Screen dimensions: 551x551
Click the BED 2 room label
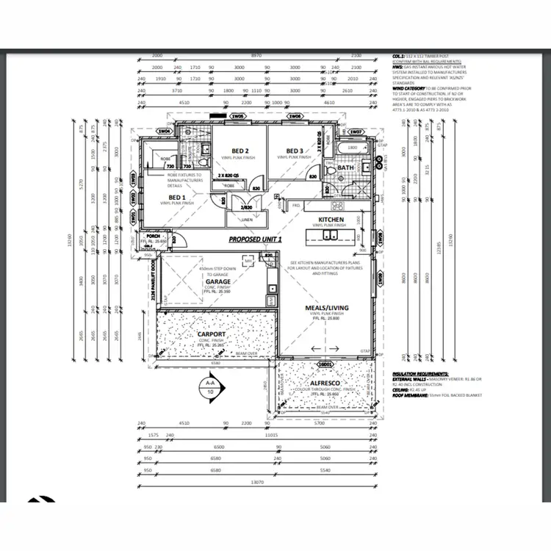pyautogui.click(x=240, y=150)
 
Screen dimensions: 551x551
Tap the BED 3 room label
pyautogui.click(x=295, y=151)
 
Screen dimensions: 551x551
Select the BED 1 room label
pyautogui.click(x=177, y=197)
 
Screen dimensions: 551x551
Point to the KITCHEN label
pyautogui.click(x=331, y=220)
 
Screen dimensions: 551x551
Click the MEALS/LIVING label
pyautogui.click(x=327, y=308)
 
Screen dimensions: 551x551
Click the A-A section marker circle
pyautogui.click(x=210, y=387)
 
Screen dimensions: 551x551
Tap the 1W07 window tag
pyautogui.click(x=356, y=132)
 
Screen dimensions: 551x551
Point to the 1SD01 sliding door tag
pyautogui.click(x=325, y=364)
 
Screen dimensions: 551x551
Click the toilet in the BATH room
pyautogui.click(x=331, y=171)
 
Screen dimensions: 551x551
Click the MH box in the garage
pyautogui.click(x=248, y=261)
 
